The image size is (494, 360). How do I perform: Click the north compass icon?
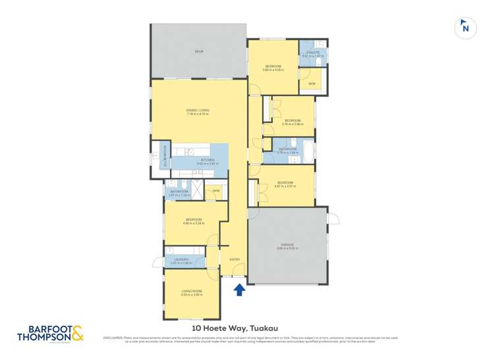click(x=466, y=27)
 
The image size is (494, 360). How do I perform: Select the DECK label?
click(x=198, y=51)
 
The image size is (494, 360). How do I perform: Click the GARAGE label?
click(x=287, y=244)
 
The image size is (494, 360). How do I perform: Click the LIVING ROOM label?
click(x=192, y=291)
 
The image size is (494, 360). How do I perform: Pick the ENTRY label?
click(x=234, y=259)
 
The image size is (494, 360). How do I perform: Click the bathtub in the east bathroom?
click(x=305, y=151)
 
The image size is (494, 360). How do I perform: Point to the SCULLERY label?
click(x=158, y=159)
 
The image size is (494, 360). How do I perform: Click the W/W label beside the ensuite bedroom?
click(x=312, y=84)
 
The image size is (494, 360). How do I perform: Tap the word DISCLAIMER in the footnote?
click(x=113, y=338)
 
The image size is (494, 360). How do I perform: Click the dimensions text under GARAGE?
click(x=287, y=248)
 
